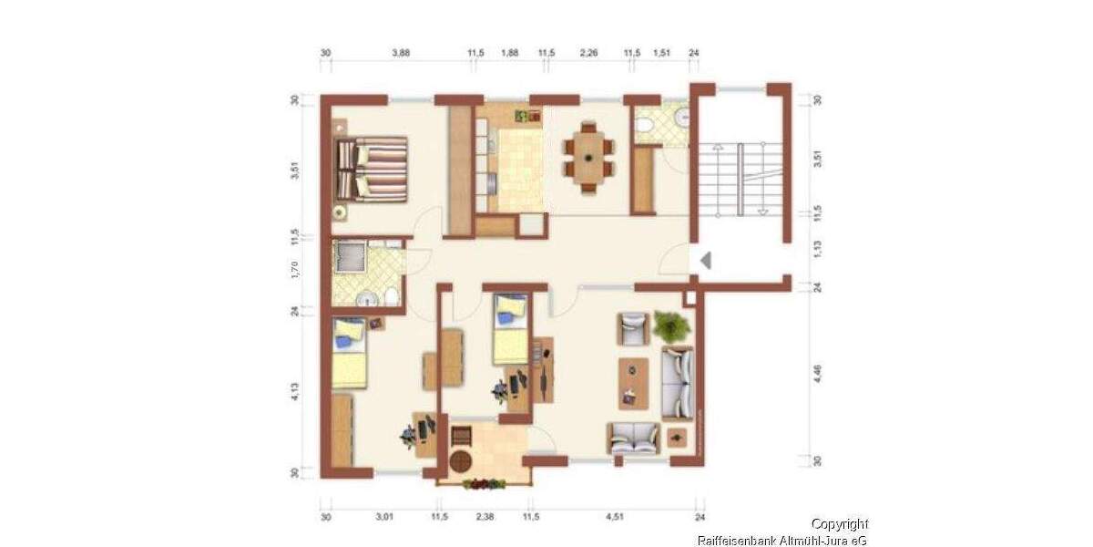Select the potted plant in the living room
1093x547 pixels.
coord(672,325)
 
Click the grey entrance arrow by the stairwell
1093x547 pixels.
coord(704,262)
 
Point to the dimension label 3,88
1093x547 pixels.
coord(401,54)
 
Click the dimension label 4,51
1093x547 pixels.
coord(616,517)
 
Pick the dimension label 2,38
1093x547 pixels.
coord(485,517)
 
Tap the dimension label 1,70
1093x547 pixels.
coord(295,271)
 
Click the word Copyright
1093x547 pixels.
coord(839,524)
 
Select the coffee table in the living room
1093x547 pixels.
coord(633,382)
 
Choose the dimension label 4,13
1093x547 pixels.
coord(295,395)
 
